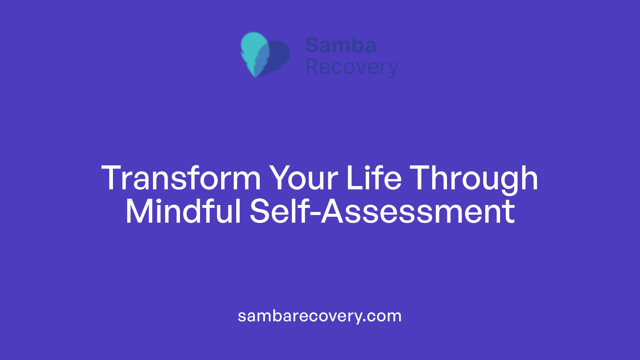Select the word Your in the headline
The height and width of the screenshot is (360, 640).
pos(304,178)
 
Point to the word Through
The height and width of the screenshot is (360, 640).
pos(474,180)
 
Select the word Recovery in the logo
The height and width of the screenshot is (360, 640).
pos(352,67)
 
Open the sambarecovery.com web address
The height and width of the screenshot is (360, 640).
pos(320,316)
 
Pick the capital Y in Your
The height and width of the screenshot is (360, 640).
pos(281,178)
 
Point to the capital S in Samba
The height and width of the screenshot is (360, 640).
pos(313,45)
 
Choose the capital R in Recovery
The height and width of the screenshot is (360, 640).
pos(313,66)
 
